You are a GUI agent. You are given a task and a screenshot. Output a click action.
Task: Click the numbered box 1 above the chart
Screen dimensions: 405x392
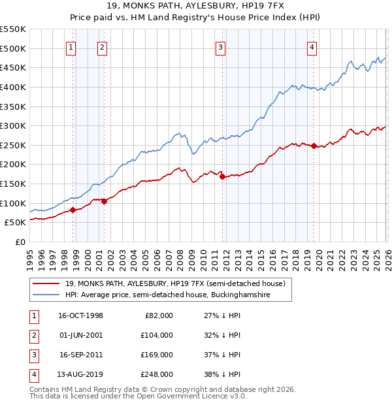tap(71, 46)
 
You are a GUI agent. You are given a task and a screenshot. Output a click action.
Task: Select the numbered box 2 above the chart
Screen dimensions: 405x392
tap(103, 46)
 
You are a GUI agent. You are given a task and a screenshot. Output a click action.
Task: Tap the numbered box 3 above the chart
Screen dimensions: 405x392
tap(221, 46)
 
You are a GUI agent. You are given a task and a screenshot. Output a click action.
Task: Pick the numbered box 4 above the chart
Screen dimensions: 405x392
tap(312, 46)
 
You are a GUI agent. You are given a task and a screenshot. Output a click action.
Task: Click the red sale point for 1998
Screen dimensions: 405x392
tap(73, 210)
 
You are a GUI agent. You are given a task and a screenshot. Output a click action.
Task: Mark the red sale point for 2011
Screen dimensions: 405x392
tap(222, 176)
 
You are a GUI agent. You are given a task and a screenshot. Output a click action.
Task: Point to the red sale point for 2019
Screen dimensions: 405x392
tap(314, 146)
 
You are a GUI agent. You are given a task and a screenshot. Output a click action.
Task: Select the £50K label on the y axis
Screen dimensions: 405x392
tap(16, 222)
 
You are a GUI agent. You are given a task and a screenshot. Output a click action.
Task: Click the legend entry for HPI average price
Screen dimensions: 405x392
tap(176, 295)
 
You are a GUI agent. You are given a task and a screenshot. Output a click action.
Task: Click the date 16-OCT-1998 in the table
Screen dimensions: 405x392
tap(80, 316)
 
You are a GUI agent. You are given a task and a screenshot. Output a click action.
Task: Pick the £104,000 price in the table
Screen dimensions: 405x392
tap(157, 334)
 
